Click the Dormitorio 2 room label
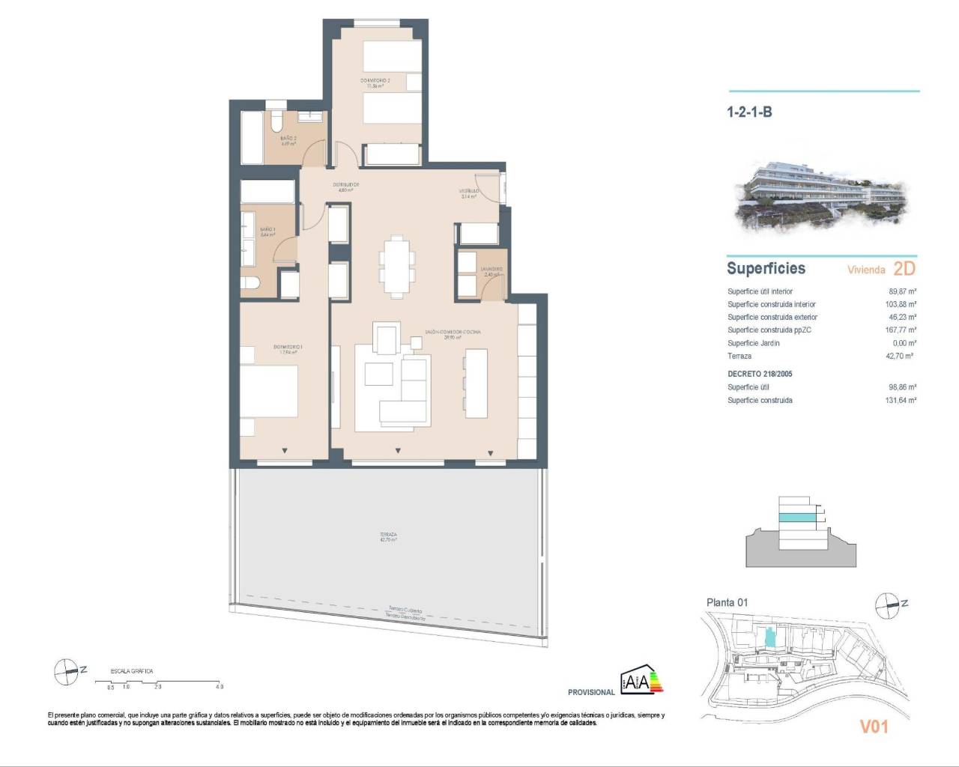tap(375, 80)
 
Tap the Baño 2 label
tap(288, 139)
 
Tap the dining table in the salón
tap(394, 264)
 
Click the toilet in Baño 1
tap(250, 283)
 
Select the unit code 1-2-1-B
tap(749, 112)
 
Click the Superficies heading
tap(766, 268)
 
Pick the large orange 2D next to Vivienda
tap(904, 268)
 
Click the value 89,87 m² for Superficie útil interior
tap(901, 291)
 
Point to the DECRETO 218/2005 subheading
tap(760, 374)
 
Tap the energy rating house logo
tap(641, 681)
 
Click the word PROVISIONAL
tap(591, 692)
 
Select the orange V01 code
tap(873, 726)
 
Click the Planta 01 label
tap(727, 602)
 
